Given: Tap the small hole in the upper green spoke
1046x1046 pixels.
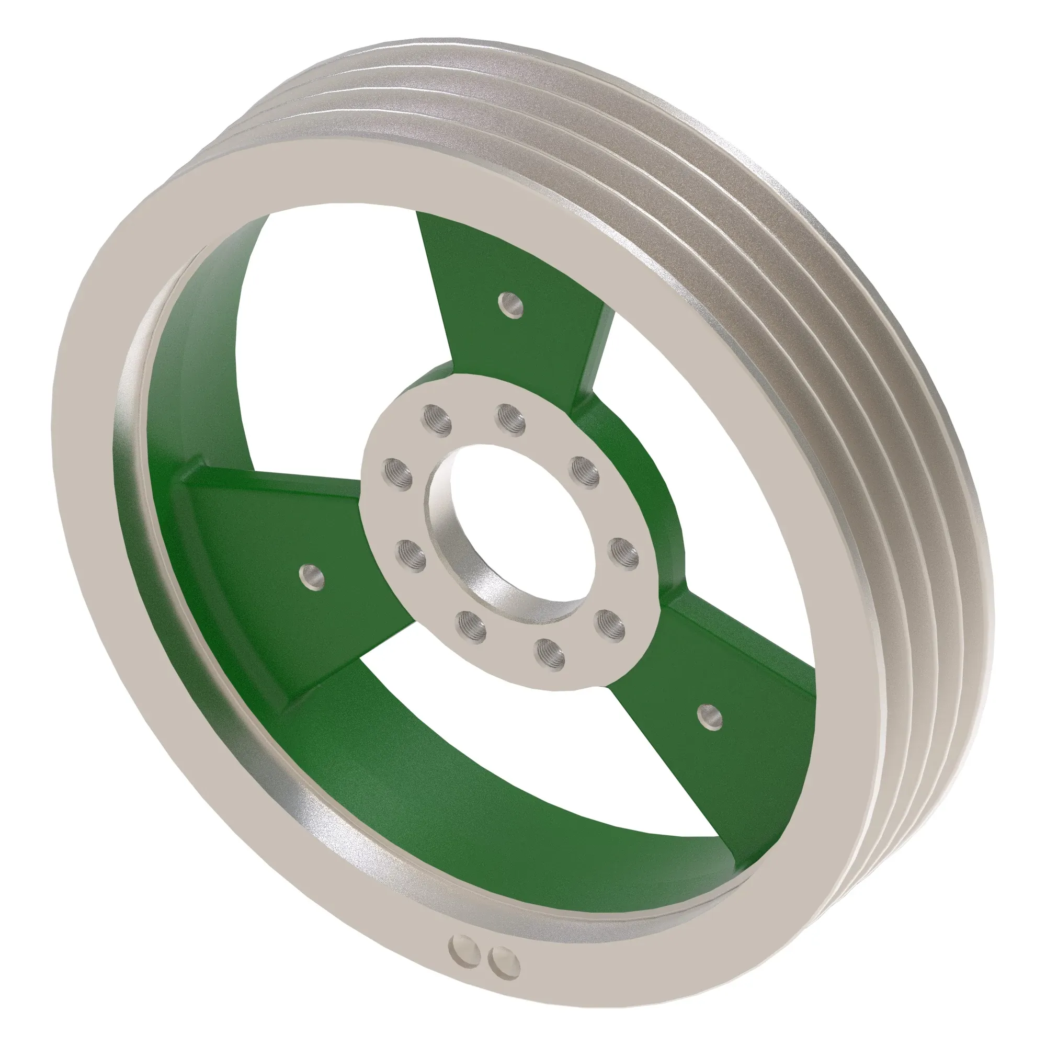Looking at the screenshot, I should click(x=510, y=304).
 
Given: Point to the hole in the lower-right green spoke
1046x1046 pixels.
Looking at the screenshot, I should click(x=709, y=719).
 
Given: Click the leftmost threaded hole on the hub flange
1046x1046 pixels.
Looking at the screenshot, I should click(x=398, y=473).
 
